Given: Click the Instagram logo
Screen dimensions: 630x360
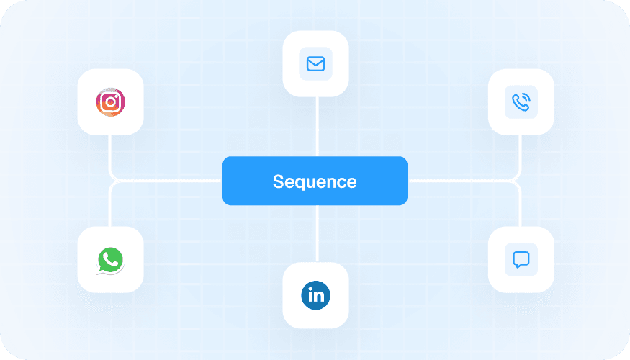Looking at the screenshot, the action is click(x=110, y=102).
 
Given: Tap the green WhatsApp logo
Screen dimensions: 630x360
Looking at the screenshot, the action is click(x=110, y=260).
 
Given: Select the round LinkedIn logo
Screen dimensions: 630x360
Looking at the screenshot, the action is click(x=315, y=294).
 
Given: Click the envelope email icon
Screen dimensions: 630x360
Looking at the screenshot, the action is click(x=315, y=64).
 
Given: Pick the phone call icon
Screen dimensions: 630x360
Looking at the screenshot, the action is click(x=521, y=102).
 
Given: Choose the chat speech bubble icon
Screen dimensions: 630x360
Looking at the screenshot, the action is click(x=521, y=259).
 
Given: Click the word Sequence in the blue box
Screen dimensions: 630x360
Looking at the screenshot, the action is click(x=315, y=181).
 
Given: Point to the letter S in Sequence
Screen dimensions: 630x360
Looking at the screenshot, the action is click(x=278, y=181).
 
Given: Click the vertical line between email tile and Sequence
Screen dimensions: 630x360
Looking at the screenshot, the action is click(x=316, y=126).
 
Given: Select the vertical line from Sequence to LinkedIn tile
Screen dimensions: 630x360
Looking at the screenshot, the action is click(x=316, y=233).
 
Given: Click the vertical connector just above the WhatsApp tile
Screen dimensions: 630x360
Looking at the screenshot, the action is click(x=110, y=209).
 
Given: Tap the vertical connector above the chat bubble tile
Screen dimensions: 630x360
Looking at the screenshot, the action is click(x=521, y=209).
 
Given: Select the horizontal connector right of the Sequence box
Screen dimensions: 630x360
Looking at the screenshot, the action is click(x=461, y=181).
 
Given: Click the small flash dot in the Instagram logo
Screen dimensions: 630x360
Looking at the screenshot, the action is click(x=117, y=95).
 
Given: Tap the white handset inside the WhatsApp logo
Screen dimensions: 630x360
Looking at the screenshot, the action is click(x=110, y=258).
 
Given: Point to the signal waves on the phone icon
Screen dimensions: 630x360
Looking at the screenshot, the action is click(x=525, y=98).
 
